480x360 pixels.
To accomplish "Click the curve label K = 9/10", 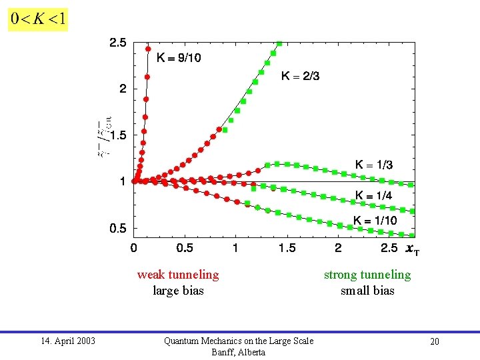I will [179, 58].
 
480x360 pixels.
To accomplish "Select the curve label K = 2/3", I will [300, 76].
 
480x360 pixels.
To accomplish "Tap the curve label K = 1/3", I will [374, 165].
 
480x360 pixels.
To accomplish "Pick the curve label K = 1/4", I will [374, 195].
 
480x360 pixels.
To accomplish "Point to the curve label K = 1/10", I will [375, 221].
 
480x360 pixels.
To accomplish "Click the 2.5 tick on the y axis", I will [117, 43].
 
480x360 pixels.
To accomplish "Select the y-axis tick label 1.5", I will [117, 135].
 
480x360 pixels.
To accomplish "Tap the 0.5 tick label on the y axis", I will [117, 228].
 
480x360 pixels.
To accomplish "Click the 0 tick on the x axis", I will [134, 248].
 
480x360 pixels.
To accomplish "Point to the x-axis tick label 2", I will [338, 248].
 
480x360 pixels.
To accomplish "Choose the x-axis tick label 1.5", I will [287, 248].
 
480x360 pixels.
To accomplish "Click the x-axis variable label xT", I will [413, 249].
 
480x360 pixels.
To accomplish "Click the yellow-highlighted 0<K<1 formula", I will [37, 19].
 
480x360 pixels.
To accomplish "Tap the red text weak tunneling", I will [178, 275].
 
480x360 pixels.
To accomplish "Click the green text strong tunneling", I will [367, 275].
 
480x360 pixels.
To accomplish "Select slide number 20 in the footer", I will [434, 341].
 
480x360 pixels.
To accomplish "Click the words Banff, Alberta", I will [238, 352].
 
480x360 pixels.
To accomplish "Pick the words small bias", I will [367, 291].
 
